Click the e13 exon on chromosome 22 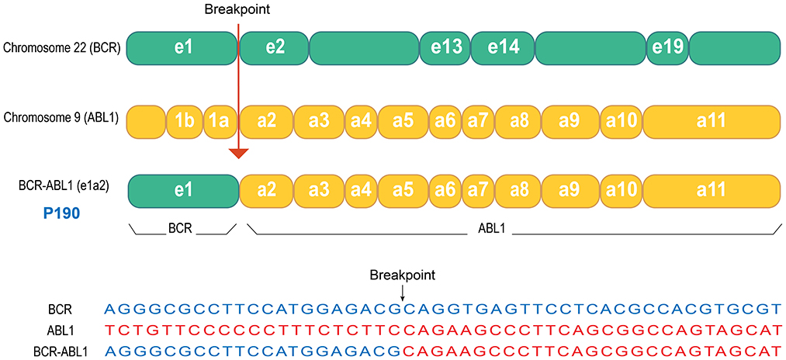click(x=445, y=47)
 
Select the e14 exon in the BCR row click(x=502, y=47)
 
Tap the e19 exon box click(x=667, y=47)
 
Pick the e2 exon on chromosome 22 click(x=274, y=47)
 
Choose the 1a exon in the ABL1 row click(x=216, y=121)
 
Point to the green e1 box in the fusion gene click(x=183, y=190)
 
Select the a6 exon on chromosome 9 click(x=445, y=121)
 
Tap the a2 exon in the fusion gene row click(x=266, y=190)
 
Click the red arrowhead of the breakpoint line click(x=239, y=153)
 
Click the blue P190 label click(x=50, y=213)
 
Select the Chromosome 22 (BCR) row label click(x=61, y=48)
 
